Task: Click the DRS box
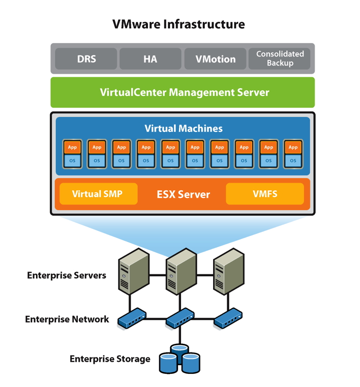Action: [86, 59]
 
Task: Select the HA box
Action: [150, 59]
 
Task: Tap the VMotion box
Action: [215, 59]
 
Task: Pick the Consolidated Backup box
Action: [280, 58]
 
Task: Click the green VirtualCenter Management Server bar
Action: [183, 93]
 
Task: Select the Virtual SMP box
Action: [98, 194]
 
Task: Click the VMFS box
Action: [264, 194]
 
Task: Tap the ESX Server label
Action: [183, 194]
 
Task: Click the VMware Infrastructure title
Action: [178, 24]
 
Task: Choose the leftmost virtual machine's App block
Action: [72, 147]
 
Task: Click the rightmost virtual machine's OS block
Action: [293, 160]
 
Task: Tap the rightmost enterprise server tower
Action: [226, 274]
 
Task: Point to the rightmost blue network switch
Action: [227, 318]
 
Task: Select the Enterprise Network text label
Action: [67, 319]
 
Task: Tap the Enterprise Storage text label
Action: [110, 359]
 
